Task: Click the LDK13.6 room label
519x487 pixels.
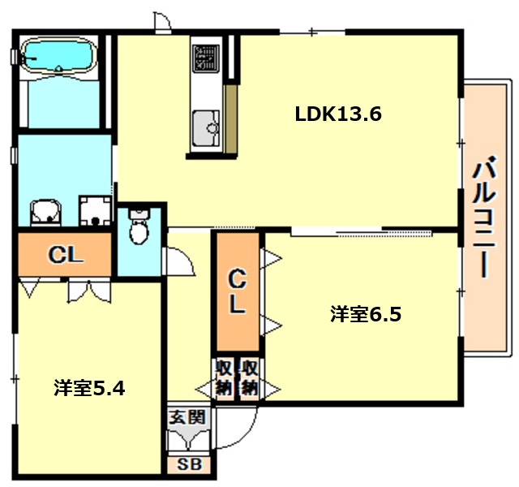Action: click(337, 114)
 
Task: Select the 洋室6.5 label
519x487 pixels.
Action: click(366, 314)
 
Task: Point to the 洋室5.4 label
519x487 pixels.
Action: click(89, 388)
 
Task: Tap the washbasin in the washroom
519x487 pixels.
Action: click(45, 213)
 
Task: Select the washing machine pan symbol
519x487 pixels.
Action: click(96, 213)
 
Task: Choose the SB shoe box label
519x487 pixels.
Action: click(188, 466)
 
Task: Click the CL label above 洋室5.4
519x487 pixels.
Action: click(65, 254)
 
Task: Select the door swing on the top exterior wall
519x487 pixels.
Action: click(161, 22)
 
